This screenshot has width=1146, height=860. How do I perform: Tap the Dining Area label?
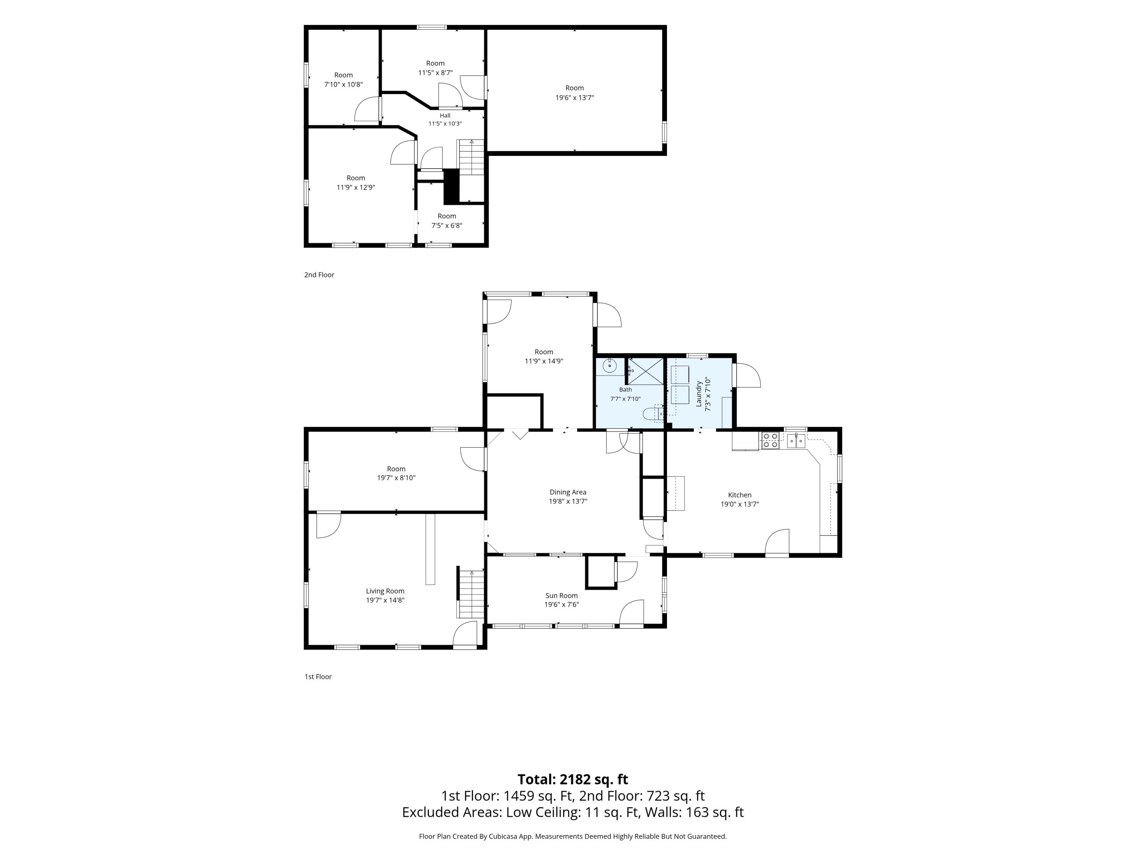pyautogui.click(x=568, y=492)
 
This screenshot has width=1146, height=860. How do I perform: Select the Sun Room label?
pyautogui.click(x=561, y=596)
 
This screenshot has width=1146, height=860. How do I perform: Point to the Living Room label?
pyautogui.click(x=385, y=591)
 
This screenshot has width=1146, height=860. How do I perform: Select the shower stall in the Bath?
pyautogui.click(x=646, y=371)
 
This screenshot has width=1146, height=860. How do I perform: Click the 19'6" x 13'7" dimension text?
pyautogui.click(x=575, y=97)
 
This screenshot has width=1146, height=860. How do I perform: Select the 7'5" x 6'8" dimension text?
pyautogui.click(x=447, y=226)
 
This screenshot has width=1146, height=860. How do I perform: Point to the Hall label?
pyautogui.click(x=445, y=115)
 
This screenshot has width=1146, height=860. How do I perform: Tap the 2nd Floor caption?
pyautogui.click(x=319, y=275)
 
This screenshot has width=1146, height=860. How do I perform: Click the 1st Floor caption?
pyautogui.click(x=318, y=677)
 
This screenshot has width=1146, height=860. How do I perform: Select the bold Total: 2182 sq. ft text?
pyautogui.click(x=573, y=779)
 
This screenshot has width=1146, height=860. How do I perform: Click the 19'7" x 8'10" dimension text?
pyautogui.click(x=397, y=478)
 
